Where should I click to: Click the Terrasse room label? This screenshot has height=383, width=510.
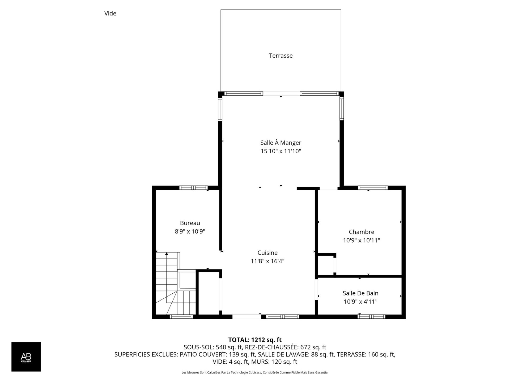click(x=281, y=56)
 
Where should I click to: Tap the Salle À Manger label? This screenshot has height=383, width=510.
click(x=281, y=143)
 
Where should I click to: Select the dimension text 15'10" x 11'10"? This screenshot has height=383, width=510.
click(x=281, y=151)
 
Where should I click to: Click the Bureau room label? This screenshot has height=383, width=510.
click(x=190, y=223)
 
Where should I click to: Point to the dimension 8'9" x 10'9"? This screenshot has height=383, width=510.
click(x=190, y=231)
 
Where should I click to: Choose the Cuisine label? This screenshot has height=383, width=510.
click(x=267, y=253)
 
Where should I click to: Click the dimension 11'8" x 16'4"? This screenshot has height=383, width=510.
click(x=267, y=261)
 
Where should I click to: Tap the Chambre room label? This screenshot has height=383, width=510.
click(x=362, y=232)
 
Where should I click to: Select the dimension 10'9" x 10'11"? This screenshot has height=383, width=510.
click(x=362, y=240)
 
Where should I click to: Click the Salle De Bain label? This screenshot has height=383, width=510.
click(x=360, y=293)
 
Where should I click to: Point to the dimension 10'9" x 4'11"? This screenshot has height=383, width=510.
click(x=360, y=302)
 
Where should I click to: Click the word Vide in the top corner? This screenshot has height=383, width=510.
click(x=110, y=13)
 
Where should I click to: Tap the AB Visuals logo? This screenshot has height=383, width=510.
click(x=26, y=357)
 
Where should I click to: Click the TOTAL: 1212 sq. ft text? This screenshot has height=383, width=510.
click(x=255, y=340)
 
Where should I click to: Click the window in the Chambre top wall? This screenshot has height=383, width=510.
click(x=373, y=188)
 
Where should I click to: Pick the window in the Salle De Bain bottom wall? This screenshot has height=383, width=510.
click(x=371, y=317)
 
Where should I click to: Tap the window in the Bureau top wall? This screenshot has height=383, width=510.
click(x=193, y=188)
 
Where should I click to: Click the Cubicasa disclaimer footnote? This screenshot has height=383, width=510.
click(x=255, y=373)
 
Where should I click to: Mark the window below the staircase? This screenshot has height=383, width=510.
click(x=181, y=317)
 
